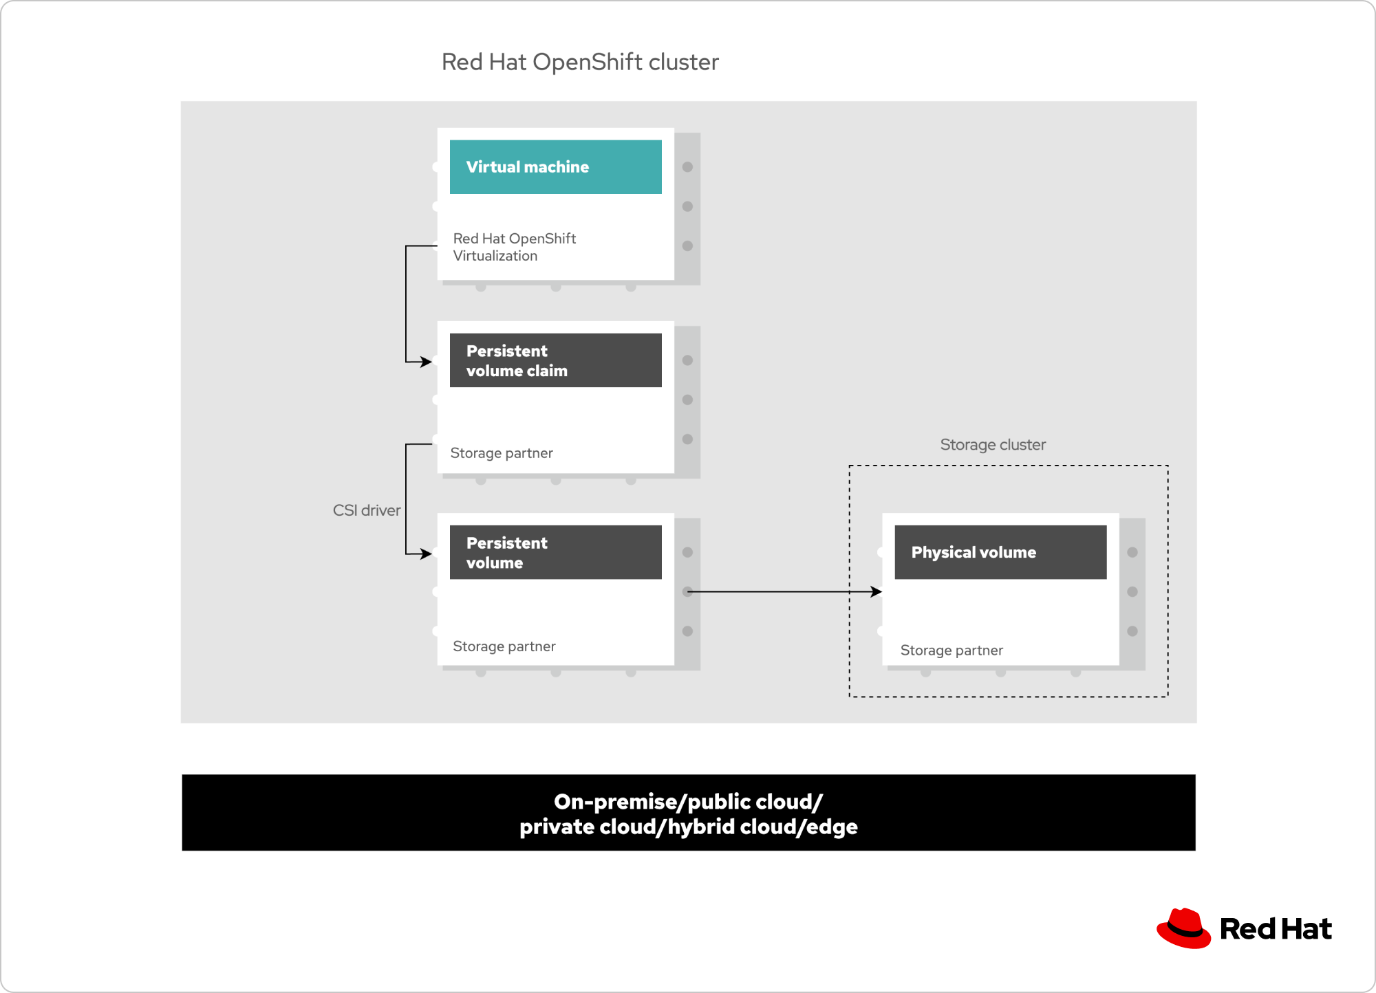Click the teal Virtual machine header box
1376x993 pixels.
[x=556, y=167]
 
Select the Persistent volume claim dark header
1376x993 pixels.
[x=556, y=360]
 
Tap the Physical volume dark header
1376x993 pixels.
[x=1000, y=552]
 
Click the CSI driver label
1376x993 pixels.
[x=367, y=510]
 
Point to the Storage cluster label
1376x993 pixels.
[x=993, y=445]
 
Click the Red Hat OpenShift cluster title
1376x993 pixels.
[x=580, y=62]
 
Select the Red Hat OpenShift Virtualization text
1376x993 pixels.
[x=515, y=247]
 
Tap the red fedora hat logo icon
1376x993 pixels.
[x=1183, y=928]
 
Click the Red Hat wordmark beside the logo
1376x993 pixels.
[x=1276, y=929]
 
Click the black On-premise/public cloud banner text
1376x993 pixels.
[x=688, y=814]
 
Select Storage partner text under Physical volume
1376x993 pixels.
[x=952, y=651]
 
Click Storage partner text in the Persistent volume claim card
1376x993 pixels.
[x=502, y=453]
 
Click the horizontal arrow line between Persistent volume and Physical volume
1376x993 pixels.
[x=784, y=591]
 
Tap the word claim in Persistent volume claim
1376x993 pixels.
[x=548, y=371]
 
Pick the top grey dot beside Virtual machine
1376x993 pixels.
[x=687, y=167]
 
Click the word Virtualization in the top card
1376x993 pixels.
[x=495, y=256]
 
